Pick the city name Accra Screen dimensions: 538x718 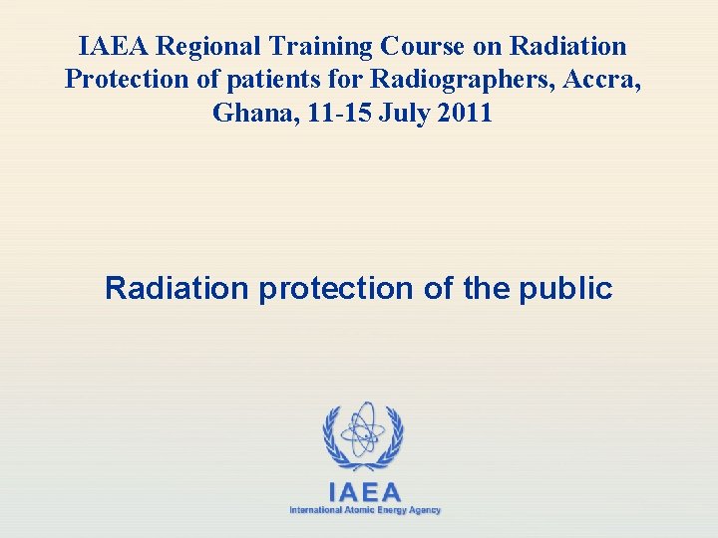pyautogui.click(x=603, y=80)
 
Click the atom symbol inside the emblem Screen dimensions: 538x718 pyautogui.click(x=362, y=429)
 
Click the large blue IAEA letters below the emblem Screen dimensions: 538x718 pyautogui.click(x=365, y=492)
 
